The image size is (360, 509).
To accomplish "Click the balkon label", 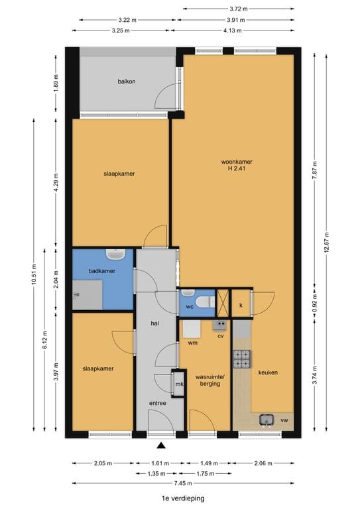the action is [126, 82].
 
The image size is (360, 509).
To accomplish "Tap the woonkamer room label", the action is [237, 162].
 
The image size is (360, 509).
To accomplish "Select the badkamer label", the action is [102, 270].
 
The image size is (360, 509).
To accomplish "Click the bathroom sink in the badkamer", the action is [115, 254].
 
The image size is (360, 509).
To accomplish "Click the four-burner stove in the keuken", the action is [242, 359].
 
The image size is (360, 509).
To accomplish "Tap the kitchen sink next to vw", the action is [267, 420].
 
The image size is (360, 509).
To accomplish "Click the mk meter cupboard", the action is [179, 384].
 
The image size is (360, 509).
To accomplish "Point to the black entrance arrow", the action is [161, 445].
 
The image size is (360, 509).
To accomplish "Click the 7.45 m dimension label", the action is [183, 483].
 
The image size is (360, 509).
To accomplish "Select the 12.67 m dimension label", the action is [327, 242].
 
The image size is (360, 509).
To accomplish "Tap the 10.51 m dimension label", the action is [34, 275].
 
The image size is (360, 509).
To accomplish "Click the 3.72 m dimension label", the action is [239, 9].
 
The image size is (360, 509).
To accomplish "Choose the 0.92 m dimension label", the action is [314, 302].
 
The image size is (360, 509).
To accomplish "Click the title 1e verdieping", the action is [184, 498].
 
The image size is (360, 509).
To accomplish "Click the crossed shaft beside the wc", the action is [223, 303].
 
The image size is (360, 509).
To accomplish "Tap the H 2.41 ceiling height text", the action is [237, 168].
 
